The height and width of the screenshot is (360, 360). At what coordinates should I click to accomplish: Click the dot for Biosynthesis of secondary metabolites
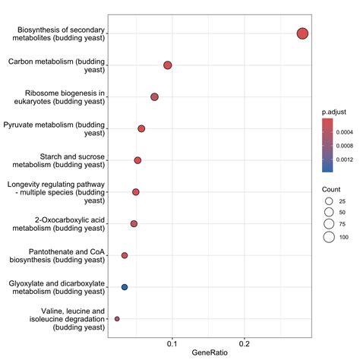coord(302,33)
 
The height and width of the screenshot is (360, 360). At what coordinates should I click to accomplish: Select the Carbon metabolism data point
coord(168,65)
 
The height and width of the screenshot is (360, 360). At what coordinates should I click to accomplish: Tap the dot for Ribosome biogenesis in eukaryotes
coord(154,97)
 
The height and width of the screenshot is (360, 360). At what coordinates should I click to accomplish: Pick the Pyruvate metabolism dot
coord(141,128)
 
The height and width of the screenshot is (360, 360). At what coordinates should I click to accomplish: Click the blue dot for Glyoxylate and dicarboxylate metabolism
coord(125,287)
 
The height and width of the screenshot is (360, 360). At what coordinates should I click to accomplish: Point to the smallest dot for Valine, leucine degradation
coord(117,319)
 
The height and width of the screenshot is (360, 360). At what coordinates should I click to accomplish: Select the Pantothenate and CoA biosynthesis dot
coord(125,255)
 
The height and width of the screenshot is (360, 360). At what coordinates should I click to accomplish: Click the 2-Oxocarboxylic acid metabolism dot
coord(134,223)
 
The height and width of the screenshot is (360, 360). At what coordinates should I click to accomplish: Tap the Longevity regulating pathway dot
coord(136,192)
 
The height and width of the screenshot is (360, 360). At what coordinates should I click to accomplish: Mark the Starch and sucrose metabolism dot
coord(137,160)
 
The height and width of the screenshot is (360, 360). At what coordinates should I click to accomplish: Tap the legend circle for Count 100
coord(329,237)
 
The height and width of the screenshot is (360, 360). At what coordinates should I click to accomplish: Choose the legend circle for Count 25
coord(329,199)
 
